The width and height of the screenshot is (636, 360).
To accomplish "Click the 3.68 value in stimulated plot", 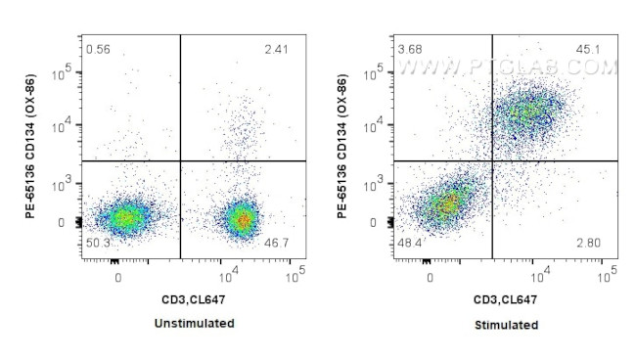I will tap(409, 48).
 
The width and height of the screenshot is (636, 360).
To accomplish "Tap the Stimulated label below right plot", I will tap(507, 324).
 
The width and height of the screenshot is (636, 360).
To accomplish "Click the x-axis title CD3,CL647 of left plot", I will tap(195, 299).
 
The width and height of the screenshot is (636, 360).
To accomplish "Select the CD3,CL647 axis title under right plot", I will tap(507, 299).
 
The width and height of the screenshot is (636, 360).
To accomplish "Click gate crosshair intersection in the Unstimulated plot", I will tap(181, 160).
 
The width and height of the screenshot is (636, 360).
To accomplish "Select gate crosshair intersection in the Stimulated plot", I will tap(492, 160).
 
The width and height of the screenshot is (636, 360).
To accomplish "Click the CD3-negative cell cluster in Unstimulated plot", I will tap(121, 218).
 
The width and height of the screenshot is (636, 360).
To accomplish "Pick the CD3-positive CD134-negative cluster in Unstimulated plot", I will tap(240, 218).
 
